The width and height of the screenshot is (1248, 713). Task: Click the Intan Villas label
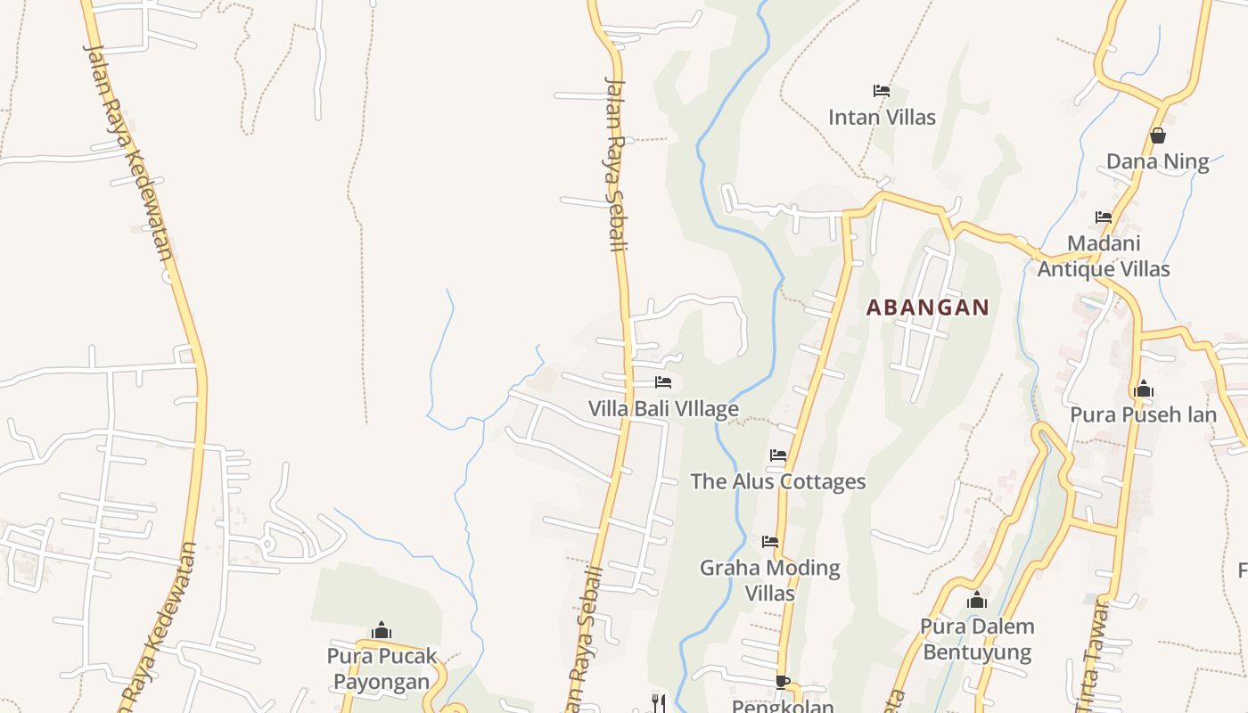click(x=882, y=118)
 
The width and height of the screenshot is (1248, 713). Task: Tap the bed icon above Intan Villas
click(x=882, y=91)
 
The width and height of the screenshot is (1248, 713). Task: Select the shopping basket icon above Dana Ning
click(x=1157, y=135)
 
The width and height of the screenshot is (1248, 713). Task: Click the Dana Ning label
click(x=1157, y=162)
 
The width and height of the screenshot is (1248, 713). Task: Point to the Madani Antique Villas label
click(x=1104, y=256)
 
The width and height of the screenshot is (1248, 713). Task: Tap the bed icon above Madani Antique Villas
click(x=1104, y=217)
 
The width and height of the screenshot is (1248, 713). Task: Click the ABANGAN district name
click(x=928, y=307)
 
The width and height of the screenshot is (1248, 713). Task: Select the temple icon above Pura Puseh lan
click(x=1144, y=389)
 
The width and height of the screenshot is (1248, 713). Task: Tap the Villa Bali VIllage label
click(x=663, y=409)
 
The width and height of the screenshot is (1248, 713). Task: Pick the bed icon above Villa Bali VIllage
click(x=663, y=382)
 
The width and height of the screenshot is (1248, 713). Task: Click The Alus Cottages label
click(x=778, y=482)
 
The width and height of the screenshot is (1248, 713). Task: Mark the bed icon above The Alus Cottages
click(x=778, y=455)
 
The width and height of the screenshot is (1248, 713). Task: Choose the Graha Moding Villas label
click(x=770, y=580)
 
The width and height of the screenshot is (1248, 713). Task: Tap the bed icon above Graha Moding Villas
click(x=770, y=542)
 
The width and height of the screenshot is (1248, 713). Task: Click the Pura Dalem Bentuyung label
click(x=977, y=639)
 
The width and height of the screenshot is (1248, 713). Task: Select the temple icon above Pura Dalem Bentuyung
click(x=977, y=601)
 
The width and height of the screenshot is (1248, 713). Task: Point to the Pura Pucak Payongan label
click(x=382, y=668)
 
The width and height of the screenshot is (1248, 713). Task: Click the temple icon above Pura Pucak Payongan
click(x=382, y=631)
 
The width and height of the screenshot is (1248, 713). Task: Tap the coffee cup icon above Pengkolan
click(x=782, y=683)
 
